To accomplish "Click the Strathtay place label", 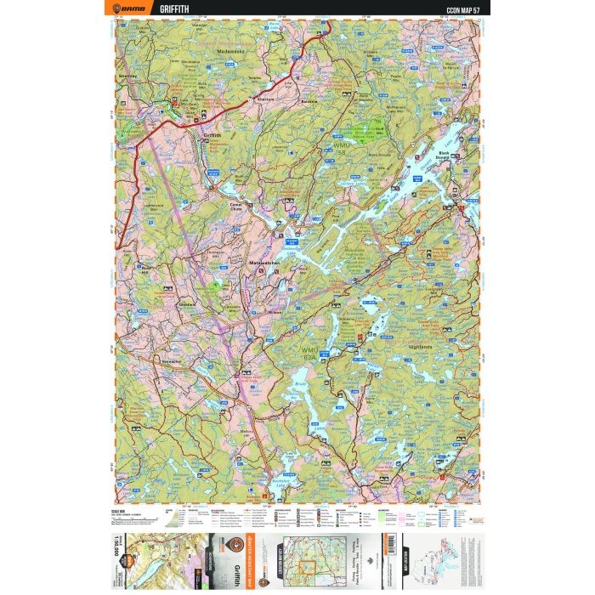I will [130, 74].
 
